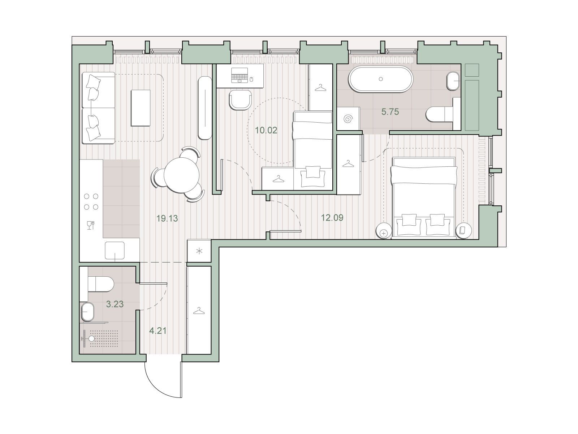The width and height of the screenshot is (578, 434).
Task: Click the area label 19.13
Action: [x=167, y=218]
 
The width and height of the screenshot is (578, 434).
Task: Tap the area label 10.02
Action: [x=266, y=130]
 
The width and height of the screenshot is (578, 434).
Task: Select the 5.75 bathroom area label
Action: [x=390, y=112]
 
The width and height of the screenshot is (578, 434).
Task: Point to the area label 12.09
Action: [x=332, y=218]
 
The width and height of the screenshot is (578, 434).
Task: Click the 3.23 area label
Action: [x=115, y=304]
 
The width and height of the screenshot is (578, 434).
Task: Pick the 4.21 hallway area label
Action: [x=158, y=331]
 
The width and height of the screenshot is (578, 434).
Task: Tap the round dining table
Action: [x=181, y=175]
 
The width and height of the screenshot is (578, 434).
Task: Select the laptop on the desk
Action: [x=240, y=75]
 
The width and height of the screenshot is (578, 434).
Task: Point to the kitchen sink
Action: [x=115, y=251]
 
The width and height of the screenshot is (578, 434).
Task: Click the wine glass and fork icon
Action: [x=91, y=226]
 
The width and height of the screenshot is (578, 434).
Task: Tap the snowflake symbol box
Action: [x=199, y=251]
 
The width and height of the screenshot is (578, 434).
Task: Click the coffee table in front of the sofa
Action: [x=141, y=108]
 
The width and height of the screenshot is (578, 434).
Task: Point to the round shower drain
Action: [x=92, y=339]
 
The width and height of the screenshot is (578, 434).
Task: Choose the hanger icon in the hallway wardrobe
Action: [x=199, y=311]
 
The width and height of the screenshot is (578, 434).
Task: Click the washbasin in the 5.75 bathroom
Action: [x=453, y=81]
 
